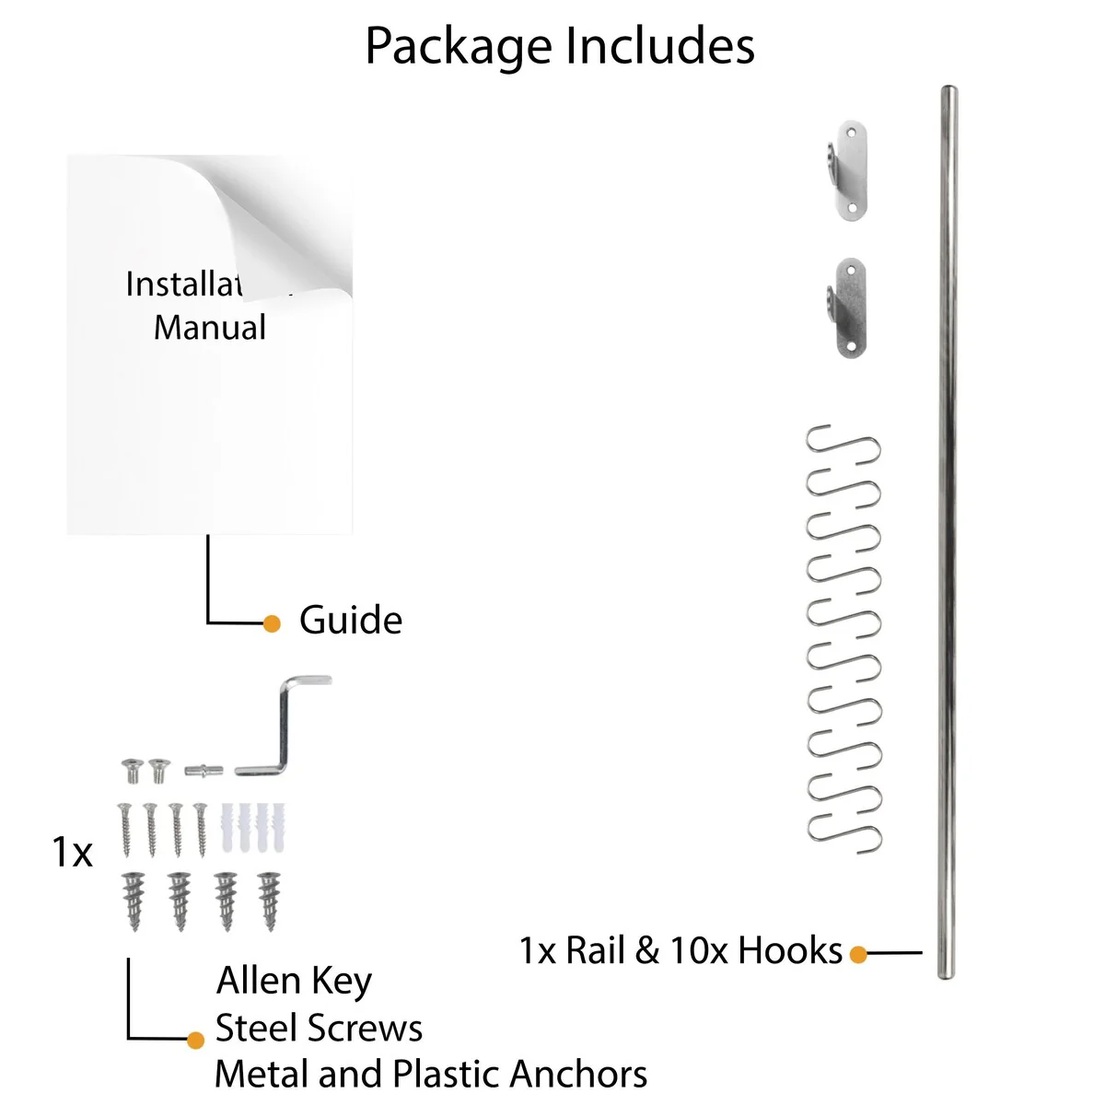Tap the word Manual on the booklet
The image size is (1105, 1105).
[210, 328]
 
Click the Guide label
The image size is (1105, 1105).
[351, 621]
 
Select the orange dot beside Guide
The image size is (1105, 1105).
[272, 623]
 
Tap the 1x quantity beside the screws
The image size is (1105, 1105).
[72, 854]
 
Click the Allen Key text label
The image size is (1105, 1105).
[294, 982]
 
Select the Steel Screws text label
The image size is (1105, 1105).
[319, 1029]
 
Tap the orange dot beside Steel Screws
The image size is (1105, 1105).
[195, 1041]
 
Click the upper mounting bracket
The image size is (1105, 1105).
[846, 170]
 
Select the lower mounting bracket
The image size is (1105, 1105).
[846, 308]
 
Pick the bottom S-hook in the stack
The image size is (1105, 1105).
[844, 825]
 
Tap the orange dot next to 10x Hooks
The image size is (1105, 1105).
[858, 954]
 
